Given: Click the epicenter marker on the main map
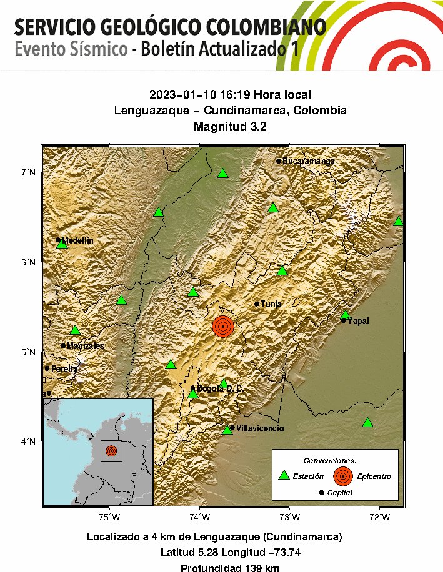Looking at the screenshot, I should click(223, 326).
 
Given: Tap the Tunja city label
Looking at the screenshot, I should click(271, 304).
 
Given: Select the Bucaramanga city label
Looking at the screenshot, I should click(309, 161).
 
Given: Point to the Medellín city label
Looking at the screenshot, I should click(77, 240).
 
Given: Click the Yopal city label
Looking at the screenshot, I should click(358, 321).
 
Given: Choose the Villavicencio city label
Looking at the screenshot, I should click(261, 428).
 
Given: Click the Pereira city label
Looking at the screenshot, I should click(64, 369).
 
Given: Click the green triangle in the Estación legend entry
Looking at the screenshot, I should click(284, 475).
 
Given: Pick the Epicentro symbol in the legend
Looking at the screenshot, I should click(342, 476).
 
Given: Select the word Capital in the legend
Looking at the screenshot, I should click(339, 493).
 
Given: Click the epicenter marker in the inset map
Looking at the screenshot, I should click(111, 450).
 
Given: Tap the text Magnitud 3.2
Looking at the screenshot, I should click(230, 127).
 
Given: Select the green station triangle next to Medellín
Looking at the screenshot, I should click(61, 244).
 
